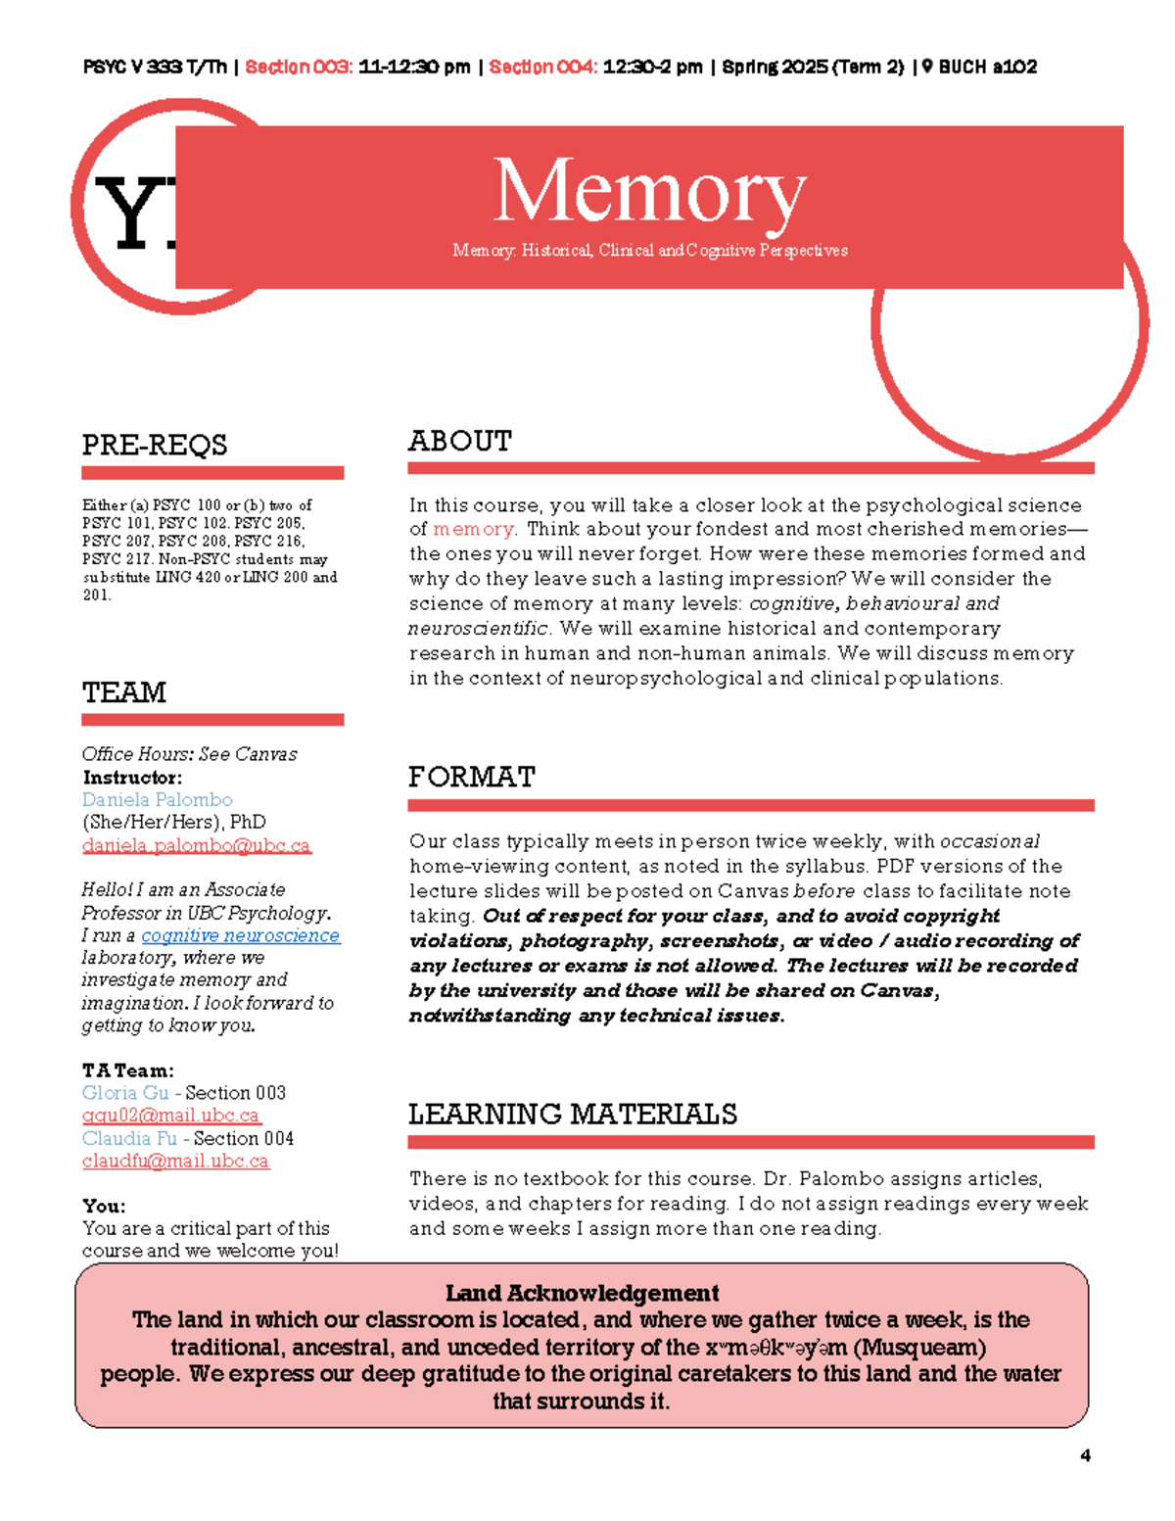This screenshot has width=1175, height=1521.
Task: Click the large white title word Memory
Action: (648, 191)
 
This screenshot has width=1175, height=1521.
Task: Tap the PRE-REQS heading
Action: (155, 445)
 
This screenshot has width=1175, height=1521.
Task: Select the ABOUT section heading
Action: (459, 441)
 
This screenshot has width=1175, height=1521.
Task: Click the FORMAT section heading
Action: (471, 777)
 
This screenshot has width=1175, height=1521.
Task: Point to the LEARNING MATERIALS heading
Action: (572, 1114)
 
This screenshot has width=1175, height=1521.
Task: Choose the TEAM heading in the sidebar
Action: (124, 692)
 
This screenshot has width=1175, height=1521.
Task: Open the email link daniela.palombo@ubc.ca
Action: (196, 845)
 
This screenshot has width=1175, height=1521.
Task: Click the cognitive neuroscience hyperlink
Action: (240, 935)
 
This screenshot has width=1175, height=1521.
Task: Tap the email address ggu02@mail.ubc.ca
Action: (171, 1116)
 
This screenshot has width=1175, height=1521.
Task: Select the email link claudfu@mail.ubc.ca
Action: (175, 1161)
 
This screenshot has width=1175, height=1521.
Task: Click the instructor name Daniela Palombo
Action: (157, 799)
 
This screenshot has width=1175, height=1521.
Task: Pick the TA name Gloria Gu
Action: (125, 1092)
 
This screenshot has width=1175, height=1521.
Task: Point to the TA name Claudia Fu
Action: (129, 1138)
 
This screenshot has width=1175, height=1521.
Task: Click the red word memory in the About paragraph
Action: (473, 529)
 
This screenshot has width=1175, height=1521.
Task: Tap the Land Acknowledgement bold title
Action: (582, 1293)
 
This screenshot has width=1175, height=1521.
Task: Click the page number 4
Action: (1085, 1455)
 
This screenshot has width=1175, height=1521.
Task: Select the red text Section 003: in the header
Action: (299, 67)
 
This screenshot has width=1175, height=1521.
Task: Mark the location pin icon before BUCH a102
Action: (927, 67)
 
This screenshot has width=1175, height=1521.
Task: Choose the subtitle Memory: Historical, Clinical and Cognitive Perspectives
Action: (649, 251)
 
